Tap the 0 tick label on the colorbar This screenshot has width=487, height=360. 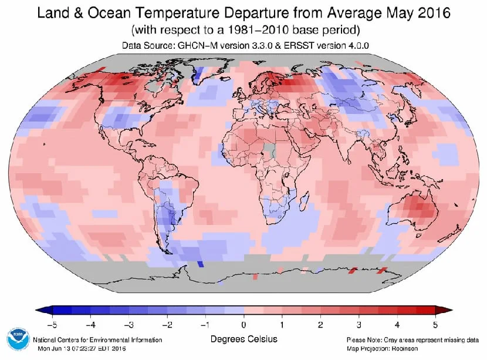[x=243, y=324]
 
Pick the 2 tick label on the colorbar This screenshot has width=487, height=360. [x=320, y=324]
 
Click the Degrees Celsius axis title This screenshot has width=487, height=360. [x=243, y=339]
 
